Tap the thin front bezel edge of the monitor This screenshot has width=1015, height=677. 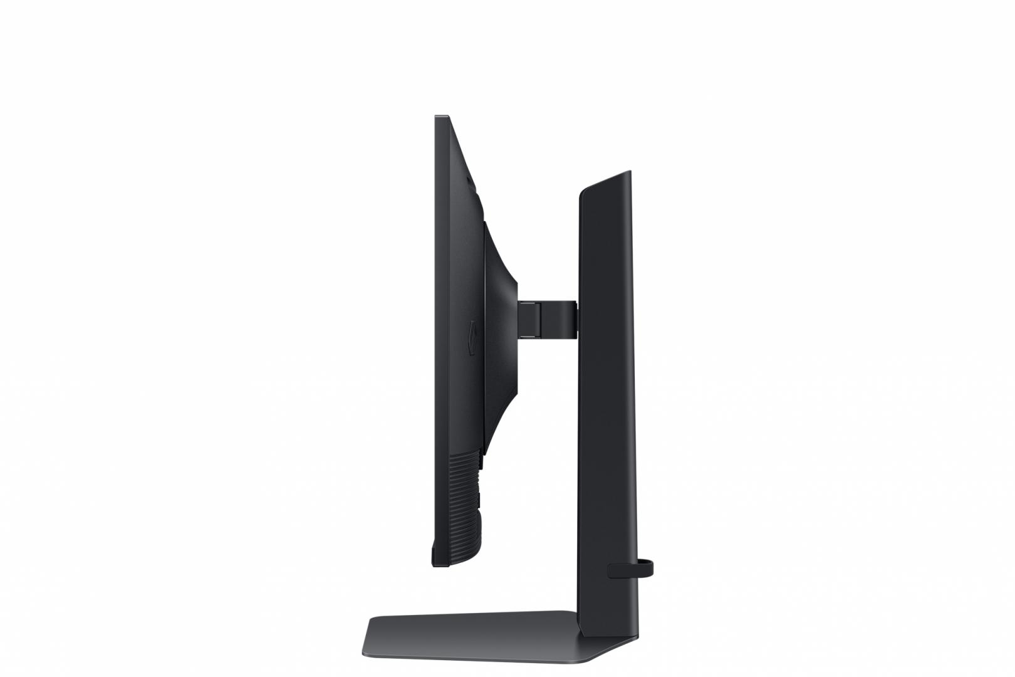(437, 338)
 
